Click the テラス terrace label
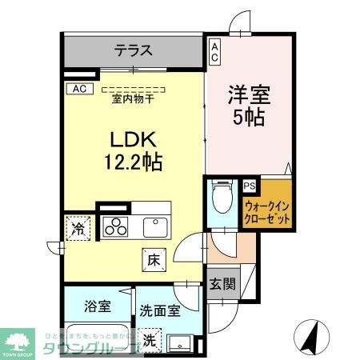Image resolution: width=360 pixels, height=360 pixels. click(x=133, y=50)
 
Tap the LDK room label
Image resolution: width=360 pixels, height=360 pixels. click(x=132, y=138)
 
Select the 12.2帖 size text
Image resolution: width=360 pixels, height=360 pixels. click(x=132, y=162)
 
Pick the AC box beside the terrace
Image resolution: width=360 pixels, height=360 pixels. click(x=214, y=52)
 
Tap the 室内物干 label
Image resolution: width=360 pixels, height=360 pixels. click(x=134, y=99)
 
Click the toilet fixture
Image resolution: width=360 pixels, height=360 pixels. click(x=222, y=195)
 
